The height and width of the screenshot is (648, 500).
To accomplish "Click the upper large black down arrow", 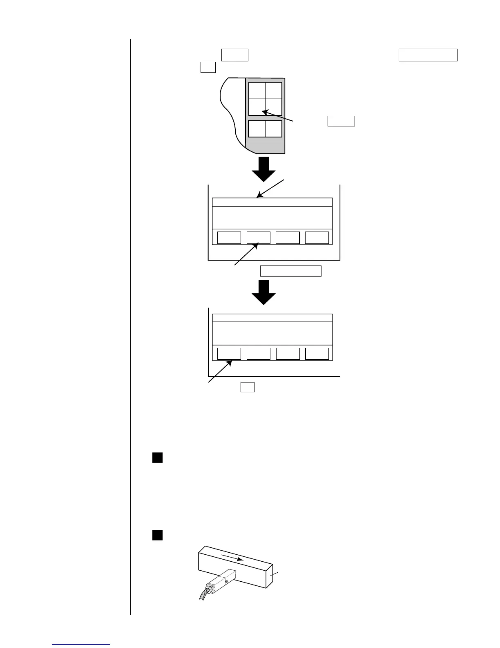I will pos(263,168).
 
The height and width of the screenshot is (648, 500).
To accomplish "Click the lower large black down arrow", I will pos(263,292).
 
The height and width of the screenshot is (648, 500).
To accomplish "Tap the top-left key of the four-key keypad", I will pos(257,90).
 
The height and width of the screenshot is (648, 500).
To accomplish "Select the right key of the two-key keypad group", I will pos(274,128).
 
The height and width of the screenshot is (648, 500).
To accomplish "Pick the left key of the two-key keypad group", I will pos(257,128).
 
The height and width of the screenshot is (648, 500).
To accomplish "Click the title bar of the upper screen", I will pos(272,202).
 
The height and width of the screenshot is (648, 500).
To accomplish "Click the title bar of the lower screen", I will pos(272,318).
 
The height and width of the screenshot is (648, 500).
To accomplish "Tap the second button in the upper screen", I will pos(259,237).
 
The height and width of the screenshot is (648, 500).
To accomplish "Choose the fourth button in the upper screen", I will pos(317,237).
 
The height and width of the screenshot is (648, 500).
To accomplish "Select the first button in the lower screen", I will pos(229,353).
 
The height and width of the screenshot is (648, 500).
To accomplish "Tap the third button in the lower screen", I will pos(288,353).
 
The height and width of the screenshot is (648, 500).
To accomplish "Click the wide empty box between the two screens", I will pos(291,271).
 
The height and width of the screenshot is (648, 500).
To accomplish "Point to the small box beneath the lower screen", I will pos(248,387).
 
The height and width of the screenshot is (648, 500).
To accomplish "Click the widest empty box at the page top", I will pos(428,55).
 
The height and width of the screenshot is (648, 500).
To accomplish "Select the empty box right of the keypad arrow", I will pos(341,121).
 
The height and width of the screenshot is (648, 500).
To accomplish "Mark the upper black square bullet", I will pos(158,457).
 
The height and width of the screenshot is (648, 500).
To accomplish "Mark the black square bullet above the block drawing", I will pos(158,535).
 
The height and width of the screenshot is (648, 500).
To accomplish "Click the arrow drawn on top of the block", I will pos(232,558).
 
